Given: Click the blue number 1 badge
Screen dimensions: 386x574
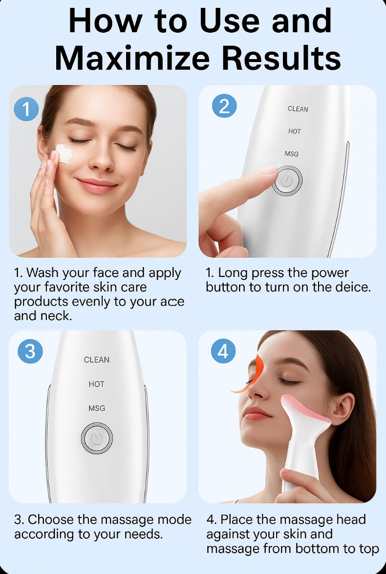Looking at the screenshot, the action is [26, 109].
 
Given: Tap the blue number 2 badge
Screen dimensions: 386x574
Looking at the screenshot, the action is [224, 106].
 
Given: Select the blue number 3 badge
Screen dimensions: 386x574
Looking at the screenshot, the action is [30, 351].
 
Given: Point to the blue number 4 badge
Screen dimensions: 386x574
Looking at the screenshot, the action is [223, 351].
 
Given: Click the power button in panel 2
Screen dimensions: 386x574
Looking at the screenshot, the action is [287, 181].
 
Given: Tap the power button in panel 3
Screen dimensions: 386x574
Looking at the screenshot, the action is [97, 438].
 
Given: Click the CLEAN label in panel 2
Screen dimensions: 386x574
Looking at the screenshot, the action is [298, 109].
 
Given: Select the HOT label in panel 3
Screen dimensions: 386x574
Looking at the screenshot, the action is [96, 384].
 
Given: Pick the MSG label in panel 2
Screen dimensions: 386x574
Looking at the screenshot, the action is [292, 154].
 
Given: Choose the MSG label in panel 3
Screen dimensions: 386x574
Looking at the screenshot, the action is [97, 408].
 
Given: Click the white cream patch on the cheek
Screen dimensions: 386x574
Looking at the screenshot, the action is [64, 153].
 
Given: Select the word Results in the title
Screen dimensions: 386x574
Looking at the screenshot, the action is [281, 58].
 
